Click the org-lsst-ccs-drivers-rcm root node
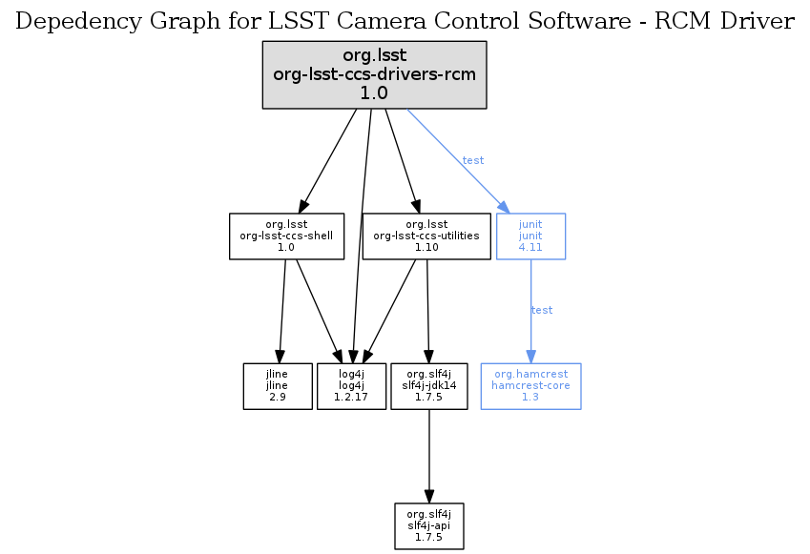[374, 74]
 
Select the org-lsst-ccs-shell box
[285, 236]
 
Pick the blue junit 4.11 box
[530, 236]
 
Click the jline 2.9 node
[278, 386]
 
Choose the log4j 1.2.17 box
[351, 386]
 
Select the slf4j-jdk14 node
[429, 386]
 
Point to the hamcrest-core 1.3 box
[530, 386]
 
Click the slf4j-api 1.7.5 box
[429, 526]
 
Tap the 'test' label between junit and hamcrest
[542, 310]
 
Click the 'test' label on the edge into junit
[473, 160]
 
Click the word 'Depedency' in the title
[70, 22]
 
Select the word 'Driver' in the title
[759, 22]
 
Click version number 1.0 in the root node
[374, 93]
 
